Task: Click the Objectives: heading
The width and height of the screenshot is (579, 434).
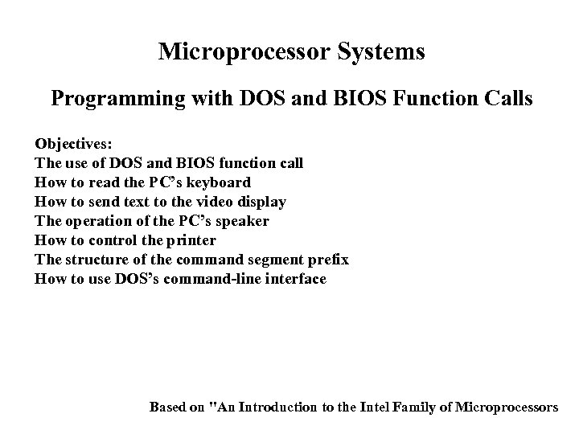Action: [x=74, y=144]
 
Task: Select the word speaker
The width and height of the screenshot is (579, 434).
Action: [x=243, y=221]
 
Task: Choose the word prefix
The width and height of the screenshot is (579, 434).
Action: [x=329, y=260]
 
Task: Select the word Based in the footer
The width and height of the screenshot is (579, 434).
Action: [x=168, y=407]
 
